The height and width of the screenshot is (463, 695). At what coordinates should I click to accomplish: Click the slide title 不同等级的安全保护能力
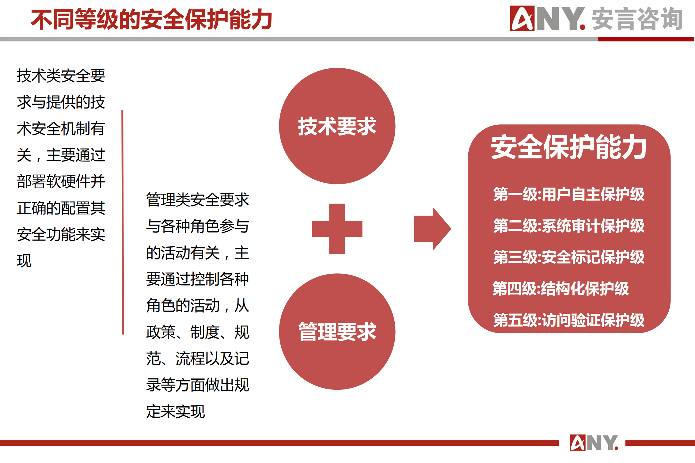151,20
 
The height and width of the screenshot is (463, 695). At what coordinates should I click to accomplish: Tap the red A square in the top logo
522,18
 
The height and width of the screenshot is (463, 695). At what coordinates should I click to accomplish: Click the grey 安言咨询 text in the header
637,19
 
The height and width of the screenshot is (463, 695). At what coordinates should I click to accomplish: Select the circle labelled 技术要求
337,126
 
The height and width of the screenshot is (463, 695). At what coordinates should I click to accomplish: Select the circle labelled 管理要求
337,332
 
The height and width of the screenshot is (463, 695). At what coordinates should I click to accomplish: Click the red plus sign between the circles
337,229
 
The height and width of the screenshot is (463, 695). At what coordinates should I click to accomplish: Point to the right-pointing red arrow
432,229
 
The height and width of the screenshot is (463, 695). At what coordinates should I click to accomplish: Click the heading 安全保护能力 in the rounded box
569,147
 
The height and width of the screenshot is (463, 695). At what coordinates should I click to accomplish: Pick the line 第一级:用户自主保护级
569,194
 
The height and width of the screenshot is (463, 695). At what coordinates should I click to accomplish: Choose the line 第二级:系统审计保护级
569,226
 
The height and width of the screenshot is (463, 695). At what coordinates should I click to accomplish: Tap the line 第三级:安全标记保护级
569,257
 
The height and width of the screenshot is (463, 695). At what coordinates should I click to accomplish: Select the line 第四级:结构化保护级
561,289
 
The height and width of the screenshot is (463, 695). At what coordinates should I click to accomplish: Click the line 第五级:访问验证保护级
569,320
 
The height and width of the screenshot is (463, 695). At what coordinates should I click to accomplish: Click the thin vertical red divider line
123,222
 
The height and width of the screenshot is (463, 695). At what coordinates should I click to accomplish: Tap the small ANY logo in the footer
594,443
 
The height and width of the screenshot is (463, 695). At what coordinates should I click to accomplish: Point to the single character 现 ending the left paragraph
24,261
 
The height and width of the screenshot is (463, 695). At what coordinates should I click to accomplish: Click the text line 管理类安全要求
198,200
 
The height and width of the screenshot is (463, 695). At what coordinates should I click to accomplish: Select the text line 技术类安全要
61,76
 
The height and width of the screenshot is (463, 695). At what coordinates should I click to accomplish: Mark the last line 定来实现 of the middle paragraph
175,411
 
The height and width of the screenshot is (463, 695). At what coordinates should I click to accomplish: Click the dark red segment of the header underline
646,39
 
